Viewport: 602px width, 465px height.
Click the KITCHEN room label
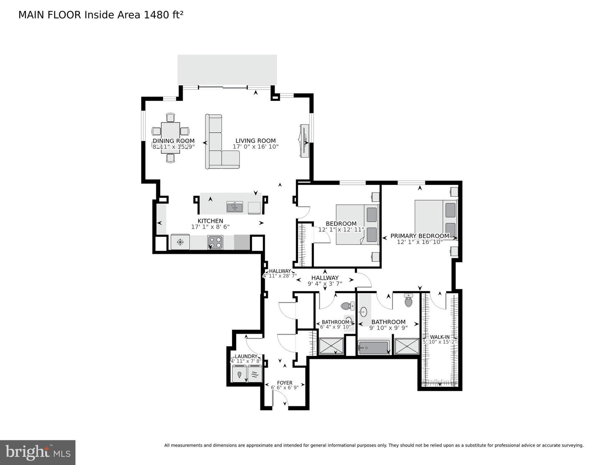210,221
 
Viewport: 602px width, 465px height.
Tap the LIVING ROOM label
255,141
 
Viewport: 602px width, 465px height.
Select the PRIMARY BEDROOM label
420,236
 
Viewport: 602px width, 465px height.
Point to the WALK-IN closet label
440,337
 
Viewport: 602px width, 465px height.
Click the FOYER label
285,383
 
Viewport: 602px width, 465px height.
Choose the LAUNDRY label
246,356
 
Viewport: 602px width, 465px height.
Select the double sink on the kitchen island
235,207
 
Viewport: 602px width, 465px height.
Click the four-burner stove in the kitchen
216,242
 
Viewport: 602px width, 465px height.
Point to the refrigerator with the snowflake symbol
180,242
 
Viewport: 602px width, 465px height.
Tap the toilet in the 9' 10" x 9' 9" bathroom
408,300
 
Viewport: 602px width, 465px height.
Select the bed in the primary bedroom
435,220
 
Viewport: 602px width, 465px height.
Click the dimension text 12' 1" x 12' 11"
341,230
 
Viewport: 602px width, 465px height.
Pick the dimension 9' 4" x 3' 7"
325,284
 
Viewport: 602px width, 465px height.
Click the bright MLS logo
38,452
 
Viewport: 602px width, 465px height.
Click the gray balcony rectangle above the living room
227,69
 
